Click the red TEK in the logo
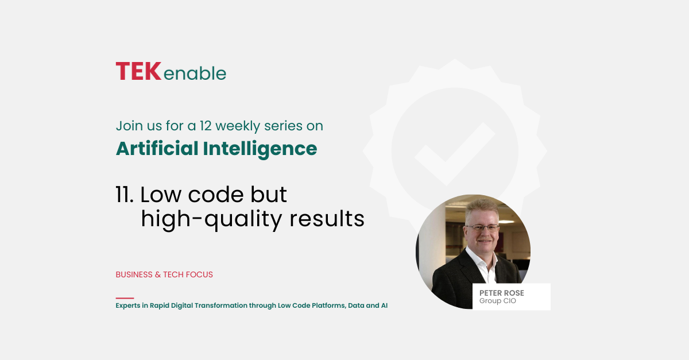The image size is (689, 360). [138, 71]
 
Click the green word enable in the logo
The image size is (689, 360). [195, 73]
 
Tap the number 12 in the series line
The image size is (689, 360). [205, 126]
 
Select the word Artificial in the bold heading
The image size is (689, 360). [157, 149]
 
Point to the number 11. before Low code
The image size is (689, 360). [125, 195]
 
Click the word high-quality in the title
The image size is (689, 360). [211, 219]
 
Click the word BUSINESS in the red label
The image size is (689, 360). [134, 274]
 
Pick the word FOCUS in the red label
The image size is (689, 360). [200, 274]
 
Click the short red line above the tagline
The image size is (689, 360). [125, 298]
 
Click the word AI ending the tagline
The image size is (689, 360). [384, 305]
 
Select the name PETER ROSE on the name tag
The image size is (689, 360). [502, 293]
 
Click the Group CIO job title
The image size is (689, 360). [497, 301]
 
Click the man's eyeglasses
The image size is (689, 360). [482, 228]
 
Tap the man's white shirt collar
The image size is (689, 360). [481, 260]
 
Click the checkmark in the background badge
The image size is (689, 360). [455, 154]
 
